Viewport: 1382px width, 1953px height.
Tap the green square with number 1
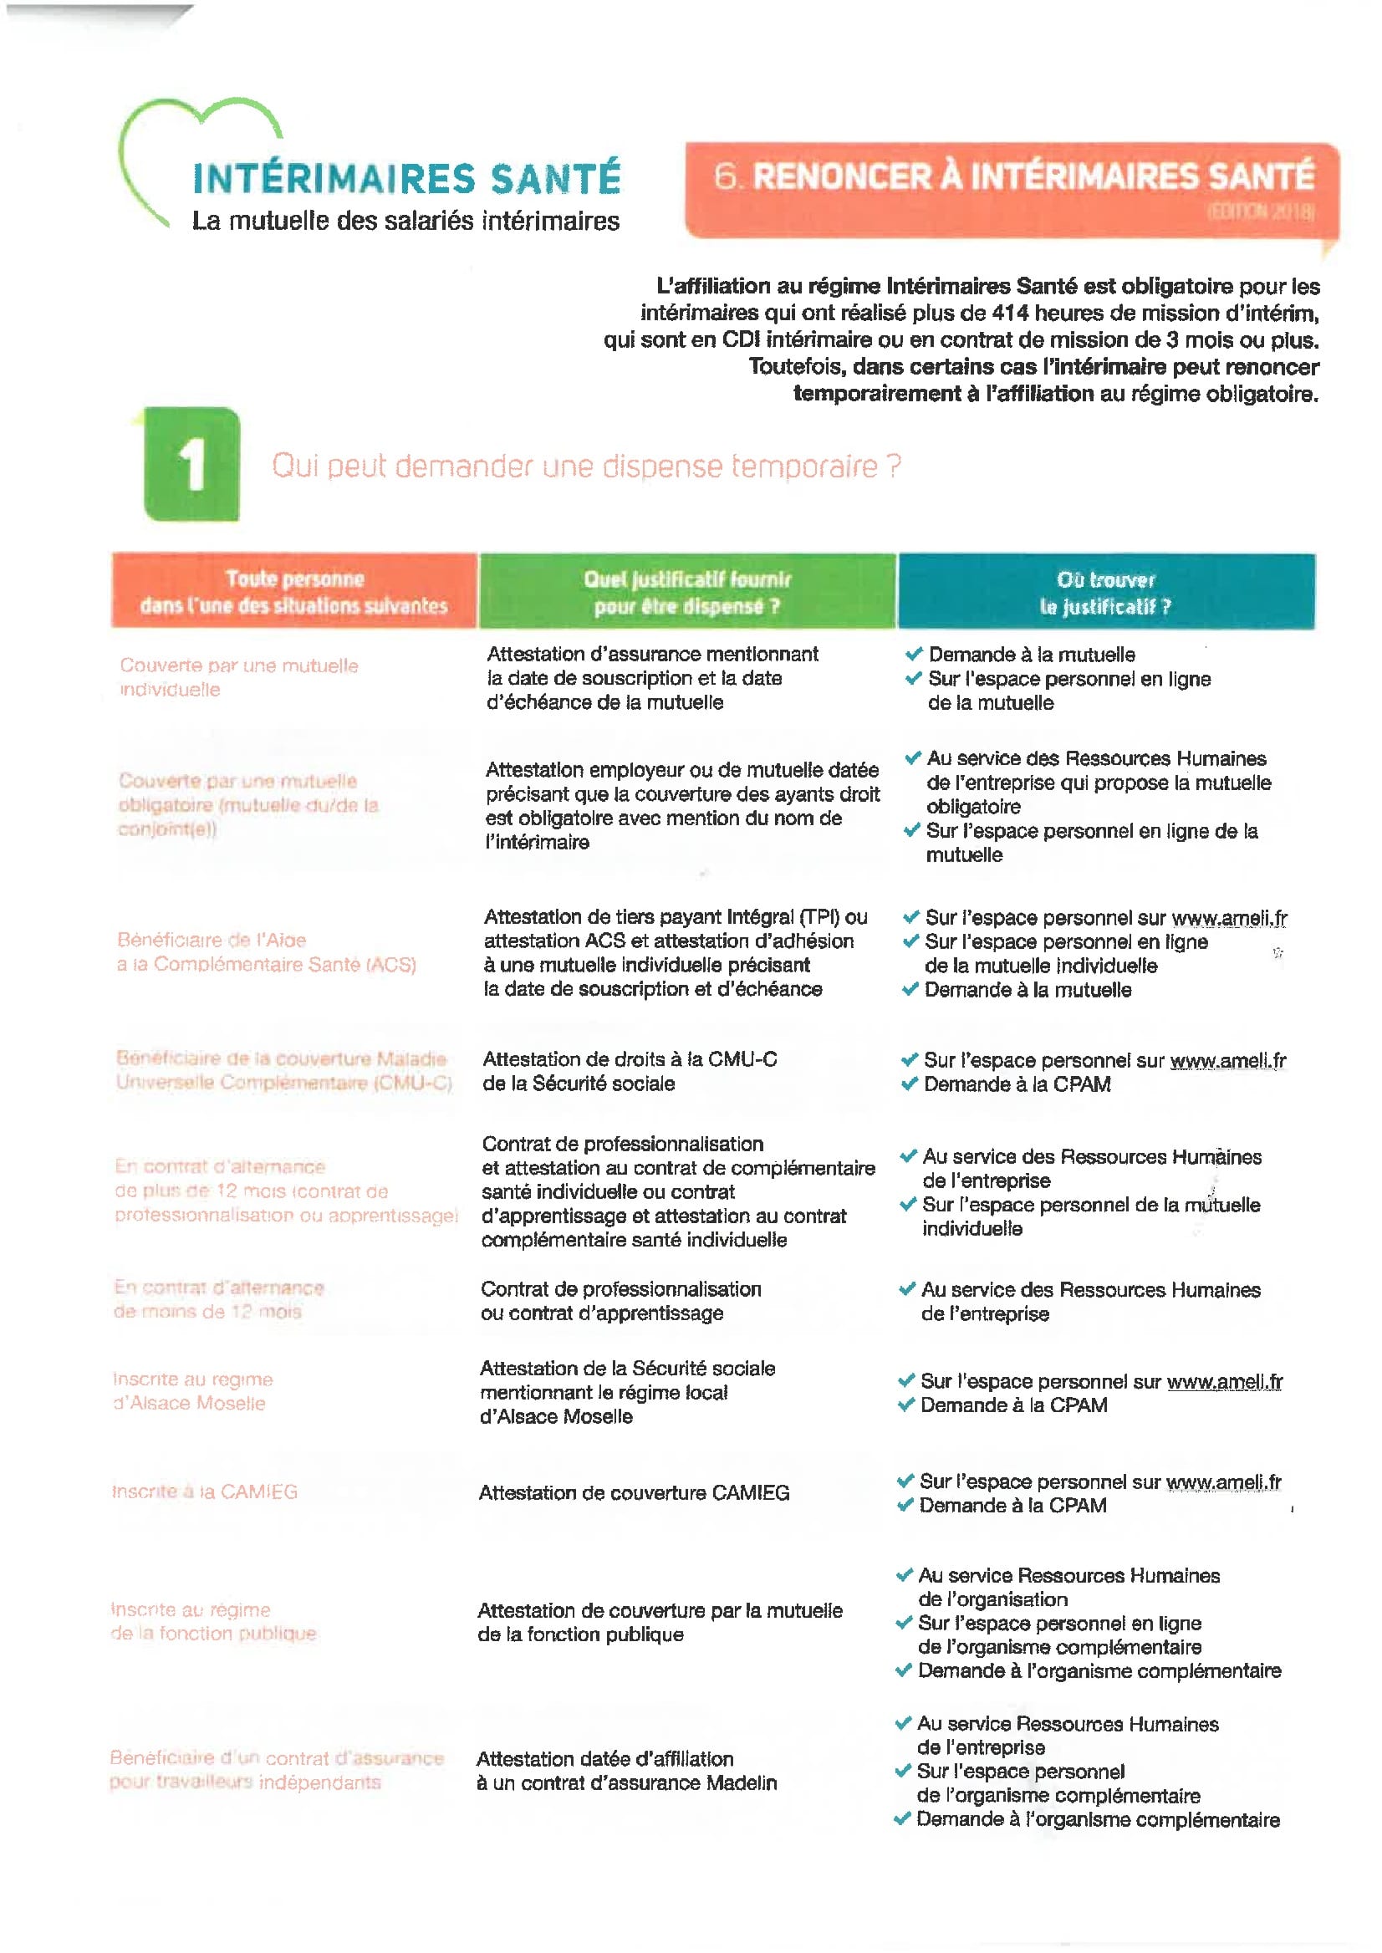tap(192, 465)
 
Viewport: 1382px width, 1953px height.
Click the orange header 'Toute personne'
tap(294, 591)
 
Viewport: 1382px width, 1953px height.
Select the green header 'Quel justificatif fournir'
tap(686, 592)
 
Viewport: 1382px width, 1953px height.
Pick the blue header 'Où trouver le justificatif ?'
tap(1105, 592)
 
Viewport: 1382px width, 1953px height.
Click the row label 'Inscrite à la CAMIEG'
tap(205, 1492)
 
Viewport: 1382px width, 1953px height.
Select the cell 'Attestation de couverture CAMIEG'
tap(633, 1492)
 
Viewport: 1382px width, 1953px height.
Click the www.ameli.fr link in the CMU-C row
tap(1228, 1060)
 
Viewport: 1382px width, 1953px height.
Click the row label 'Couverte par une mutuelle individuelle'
tap(238, 677)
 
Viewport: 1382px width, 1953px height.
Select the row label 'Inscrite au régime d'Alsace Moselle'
tap(193, 1391)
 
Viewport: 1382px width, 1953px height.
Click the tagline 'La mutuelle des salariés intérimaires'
tap(406, 221)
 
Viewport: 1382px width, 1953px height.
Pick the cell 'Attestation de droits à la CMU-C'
tap(630, 1059)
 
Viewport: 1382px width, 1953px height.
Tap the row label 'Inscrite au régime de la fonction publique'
tap(212, 1621)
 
